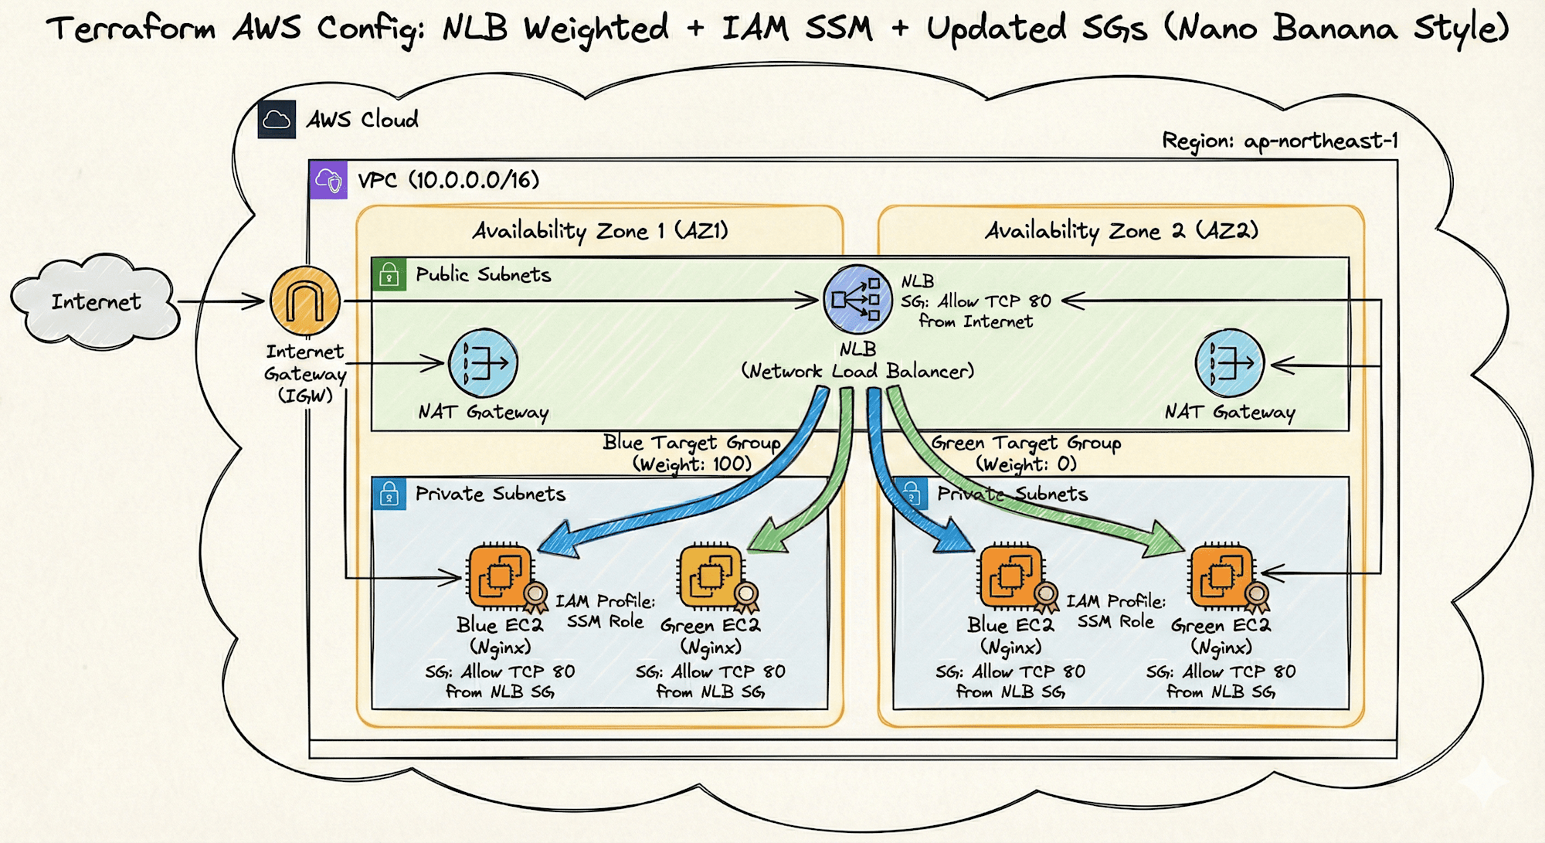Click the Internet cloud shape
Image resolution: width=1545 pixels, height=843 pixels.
(94, 301)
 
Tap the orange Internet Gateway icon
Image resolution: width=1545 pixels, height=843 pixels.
(305, 301)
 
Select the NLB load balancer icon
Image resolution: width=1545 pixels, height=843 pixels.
(857, 300)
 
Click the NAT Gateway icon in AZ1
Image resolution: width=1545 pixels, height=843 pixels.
(483, 362)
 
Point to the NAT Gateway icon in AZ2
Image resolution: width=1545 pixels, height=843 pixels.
(1229, 362)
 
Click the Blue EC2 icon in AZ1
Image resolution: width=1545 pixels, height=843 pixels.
(501, 576)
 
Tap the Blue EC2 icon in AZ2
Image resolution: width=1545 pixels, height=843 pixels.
(1011, 576)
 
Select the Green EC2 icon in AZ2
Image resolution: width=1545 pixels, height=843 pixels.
(1221, 576)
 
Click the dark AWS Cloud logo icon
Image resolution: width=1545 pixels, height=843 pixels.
(277, 120)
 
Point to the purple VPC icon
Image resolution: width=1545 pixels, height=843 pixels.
(328, 180)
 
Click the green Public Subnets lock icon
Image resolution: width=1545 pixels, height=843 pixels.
(389, 275)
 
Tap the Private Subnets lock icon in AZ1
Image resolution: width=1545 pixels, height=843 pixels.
(389, 494)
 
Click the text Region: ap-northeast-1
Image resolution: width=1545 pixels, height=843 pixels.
(1279, 141)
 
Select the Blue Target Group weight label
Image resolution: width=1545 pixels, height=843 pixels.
(691, 454)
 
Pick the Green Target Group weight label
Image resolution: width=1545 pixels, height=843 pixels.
(1026, 454)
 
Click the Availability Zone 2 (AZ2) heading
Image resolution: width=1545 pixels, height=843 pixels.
(1121, 230)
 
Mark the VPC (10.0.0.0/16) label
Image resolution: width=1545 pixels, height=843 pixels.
(448, 180)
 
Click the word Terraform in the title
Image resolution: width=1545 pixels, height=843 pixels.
(131, 29)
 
